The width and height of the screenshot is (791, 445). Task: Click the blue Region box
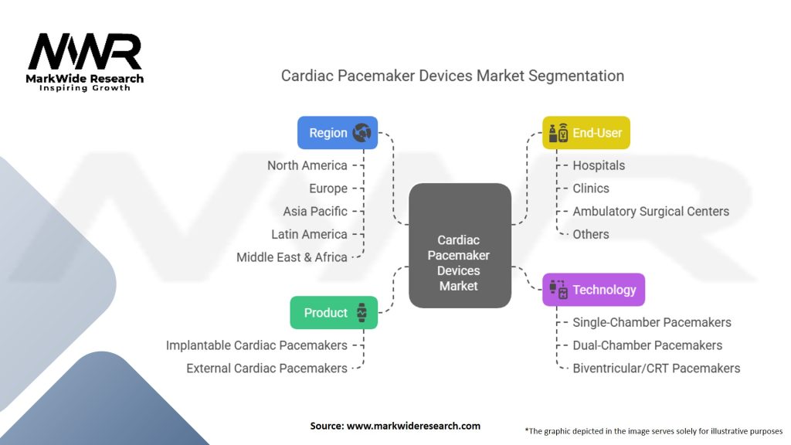[x=338, y=133]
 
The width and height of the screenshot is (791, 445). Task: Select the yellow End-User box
[x=586, y=133]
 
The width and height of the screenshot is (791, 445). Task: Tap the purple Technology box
[x=593, y=290]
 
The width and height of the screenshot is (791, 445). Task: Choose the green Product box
[x=334, y=313]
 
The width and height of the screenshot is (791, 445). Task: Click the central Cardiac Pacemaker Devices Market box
[x=460, y=246]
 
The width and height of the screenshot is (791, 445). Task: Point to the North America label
[x=307, y=165]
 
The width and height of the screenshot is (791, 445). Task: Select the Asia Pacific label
[x=315, y=212]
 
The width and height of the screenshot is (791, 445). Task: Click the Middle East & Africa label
[x=292, y=257]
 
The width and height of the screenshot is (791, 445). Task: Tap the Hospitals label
[x=599, y=165]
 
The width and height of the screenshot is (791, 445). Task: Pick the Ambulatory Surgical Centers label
[x=650, y=212]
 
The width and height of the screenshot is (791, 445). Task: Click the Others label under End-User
[x=591, y=234]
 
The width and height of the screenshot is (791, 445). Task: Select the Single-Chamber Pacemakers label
[x=652, y=322]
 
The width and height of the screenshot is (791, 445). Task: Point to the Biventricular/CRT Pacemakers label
[x=657, y=369]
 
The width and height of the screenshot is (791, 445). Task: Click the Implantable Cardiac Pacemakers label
[x=256, y=345]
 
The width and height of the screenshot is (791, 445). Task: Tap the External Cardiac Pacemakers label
[x=266, y=369]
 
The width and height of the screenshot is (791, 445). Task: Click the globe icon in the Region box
[x=362, y=133]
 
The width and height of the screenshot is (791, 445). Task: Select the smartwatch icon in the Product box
[x=362, y=313]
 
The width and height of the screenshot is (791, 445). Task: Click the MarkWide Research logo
[x=85, y=62]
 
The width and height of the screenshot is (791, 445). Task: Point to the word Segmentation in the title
[x=576, y=76]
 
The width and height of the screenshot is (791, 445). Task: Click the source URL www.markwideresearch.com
[x=414, y=426]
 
